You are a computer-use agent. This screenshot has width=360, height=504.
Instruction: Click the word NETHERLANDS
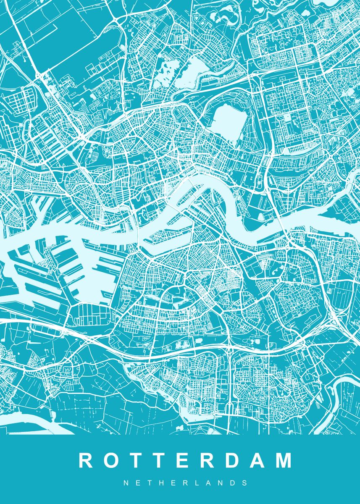tap(185, 483)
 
